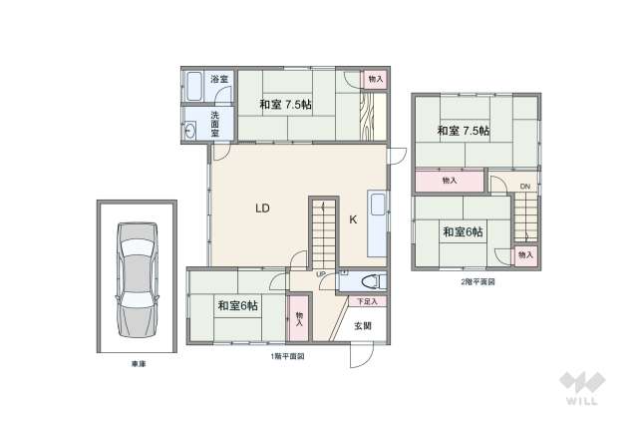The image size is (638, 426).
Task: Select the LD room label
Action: click(x=261, y=209)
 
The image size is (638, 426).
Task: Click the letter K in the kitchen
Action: click(x=352, y=219)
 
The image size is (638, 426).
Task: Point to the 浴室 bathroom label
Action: click(x=218, y=79)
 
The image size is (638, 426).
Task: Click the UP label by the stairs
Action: click(x=321, y=274)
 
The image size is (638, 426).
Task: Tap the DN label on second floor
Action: click(x=523, y=187)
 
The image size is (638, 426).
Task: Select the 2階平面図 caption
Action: click(x=478, y=282)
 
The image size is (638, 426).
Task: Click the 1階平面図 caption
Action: click(x=288, y=356)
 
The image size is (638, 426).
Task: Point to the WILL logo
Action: click(x=581, y=389)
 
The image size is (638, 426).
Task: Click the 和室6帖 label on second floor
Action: click(x=464, y=231)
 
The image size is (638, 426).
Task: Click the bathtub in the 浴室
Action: click(x=192, y=88)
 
